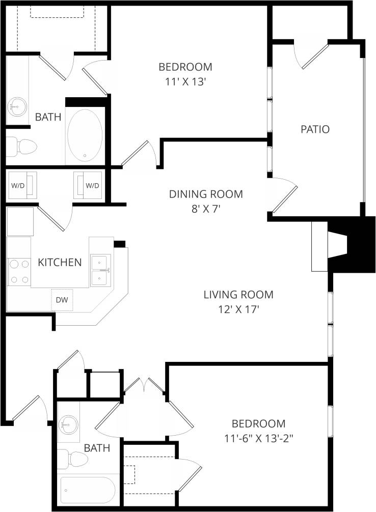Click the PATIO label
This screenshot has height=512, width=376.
click(315, 129)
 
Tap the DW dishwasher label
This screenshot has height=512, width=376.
click(62, 299)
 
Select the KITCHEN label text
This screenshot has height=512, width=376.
click(60, 263)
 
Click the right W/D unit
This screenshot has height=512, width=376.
click(89, 185)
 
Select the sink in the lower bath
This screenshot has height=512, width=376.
click(68, 423)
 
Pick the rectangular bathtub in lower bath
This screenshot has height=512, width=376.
click(87, 490)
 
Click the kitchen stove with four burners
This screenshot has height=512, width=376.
click(19, 272)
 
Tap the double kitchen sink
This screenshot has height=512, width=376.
click(100, 270)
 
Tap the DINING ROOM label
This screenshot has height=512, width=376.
click(206, 194)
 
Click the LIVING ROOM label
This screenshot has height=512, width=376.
click(238, 294)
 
